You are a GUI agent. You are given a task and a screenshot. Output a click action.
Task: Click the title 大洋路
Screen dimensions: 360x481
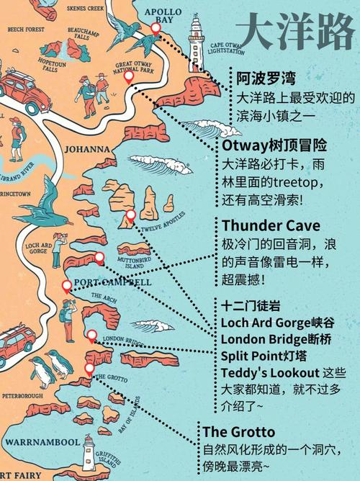[x=295, y=32]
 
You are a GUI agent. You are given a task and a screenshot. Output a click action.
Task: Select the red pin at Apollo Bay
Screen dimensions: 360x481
[x=156, y=29]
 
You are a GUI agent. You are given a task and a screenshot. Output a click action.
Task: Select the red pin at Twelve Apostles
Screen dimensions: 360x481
[x=130, y=215]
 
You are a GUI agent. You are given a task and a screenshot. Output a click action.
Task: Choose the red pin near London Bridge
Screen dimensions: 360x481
[x=91, y=335]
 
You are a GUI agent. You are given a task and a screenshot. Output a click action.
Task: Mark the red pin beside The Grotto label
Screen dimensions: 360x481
[x=89, y=369]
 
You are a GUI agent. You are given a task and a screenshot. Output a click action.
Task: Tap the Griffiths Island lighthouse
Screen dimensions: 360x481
[x=89, y=452]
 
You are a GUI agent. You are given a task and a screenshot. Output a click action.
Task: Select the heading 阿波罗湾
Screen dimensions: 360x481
[x=266, y=77]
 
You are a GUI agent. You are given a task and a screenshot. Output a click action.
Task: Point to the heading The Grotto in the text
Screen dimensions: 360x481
[x=238, y=432]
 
